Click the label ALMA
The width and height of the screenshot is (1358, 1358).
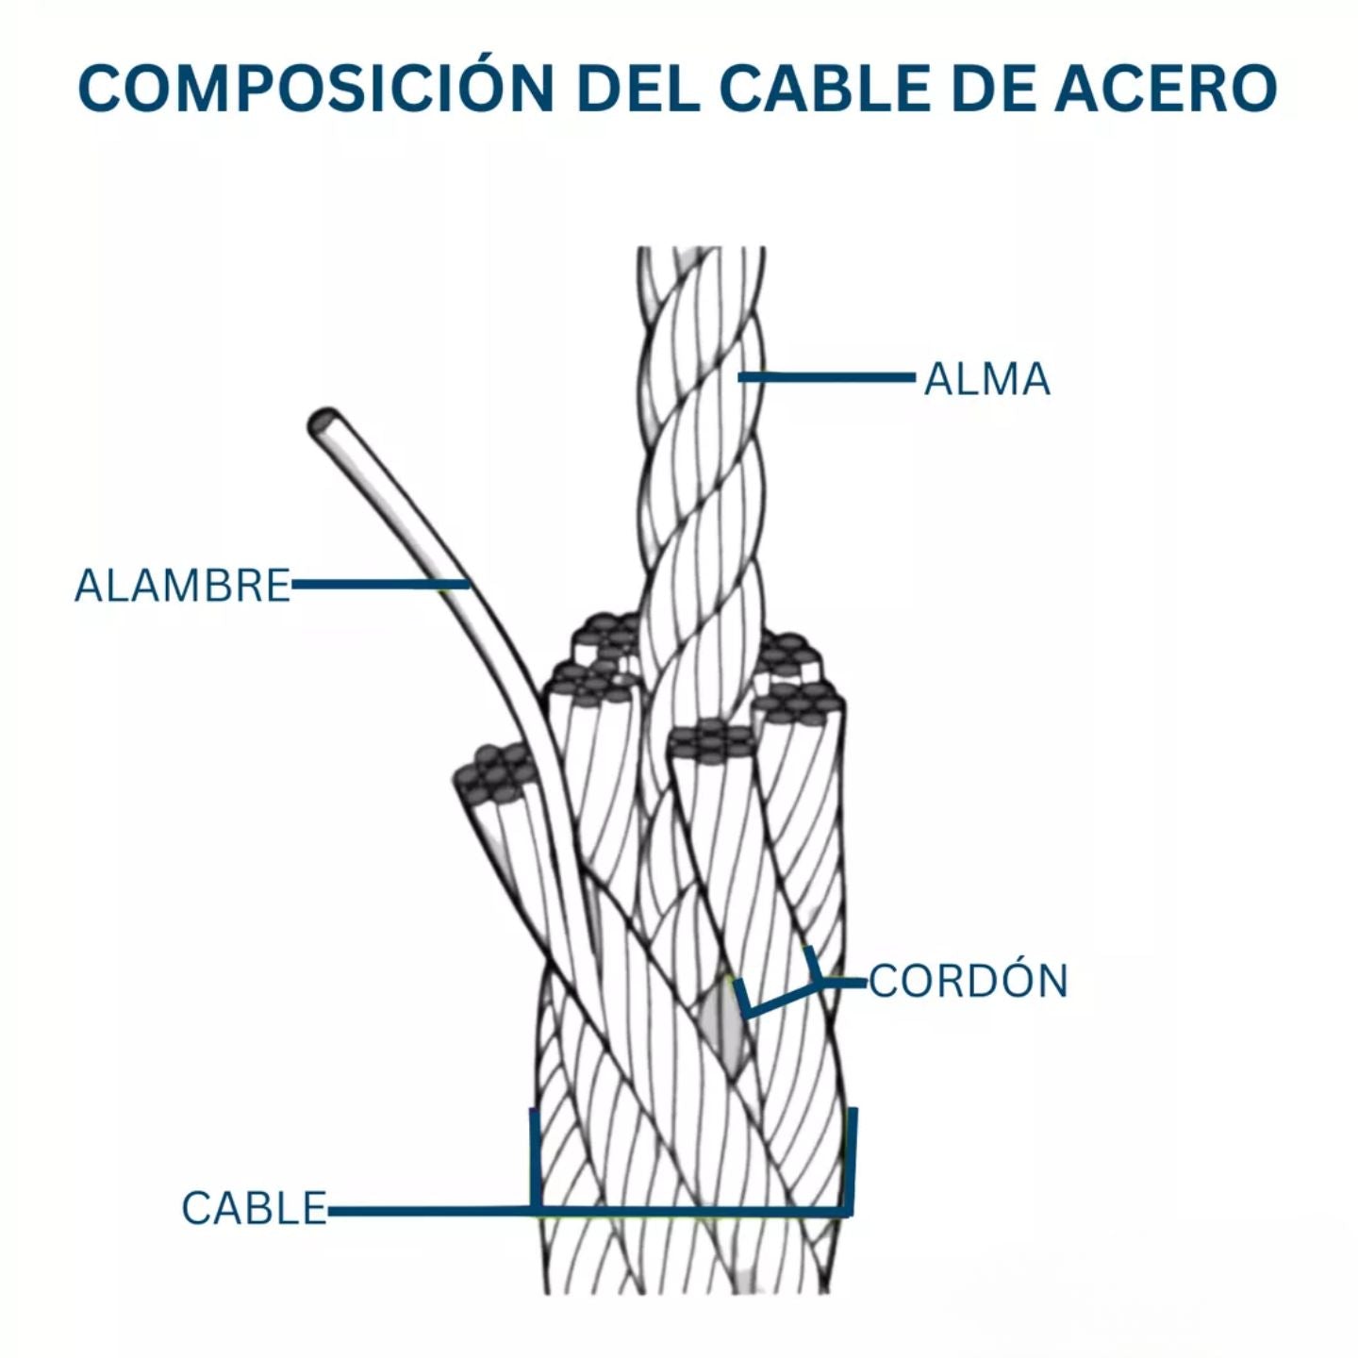pos(986,380)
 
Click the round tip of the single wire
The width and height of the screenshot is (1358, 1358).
pos(323,422)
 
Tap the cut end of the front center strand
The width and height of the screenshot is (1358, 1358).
pos(709,743)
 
